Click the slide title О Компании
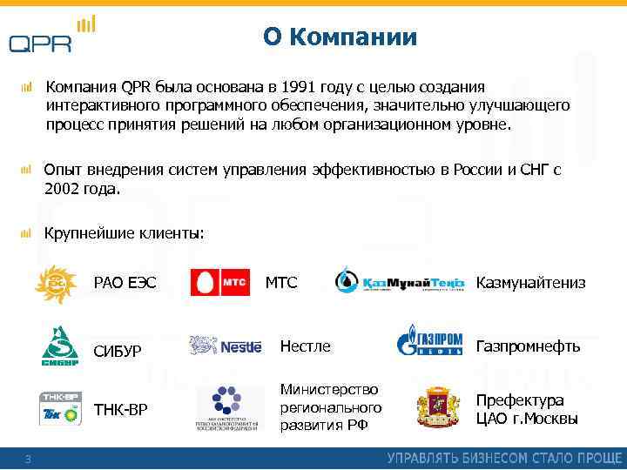tap(340, 37)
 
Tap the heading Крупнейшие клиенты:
tap(125, 232)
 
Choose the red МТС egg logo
tap(220, 283)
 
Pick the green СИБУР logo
tap(61, 346)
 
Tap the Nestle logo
tap(226, 346)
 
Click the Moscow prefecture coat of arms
tap(438, 407)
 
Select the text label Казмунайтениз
tap(530, 283)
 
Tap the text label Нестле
tap(305, 346)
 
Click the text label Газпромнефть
tap(527, 346)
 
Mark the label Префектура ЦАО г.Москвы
tap(526, 409)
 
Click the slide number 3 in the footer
tap(28, 459)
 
